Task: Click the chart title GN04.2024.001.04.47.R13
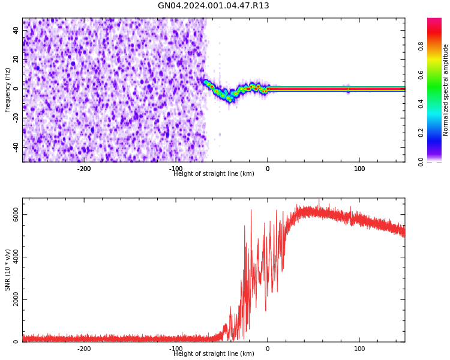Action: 213,6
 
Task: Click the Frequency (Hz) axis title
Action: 8,90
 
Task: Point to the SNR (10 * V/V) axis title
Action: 8,270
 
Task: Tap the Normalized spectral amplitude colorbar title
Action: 446,90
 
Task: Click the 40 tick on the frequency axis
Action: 16,31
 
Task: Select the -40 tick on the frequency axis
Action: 15,147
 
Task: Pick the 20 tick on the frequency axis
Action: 16,59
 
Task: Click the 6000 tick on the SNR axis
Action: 12,215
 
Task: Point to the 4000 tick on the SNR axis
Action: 12,257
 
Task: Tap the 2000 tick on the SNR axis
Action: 12,300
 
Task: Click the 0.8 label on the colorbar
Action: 421,46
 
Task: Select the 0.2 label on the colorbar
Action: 421,133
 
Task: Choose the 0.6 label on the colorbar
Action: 421,74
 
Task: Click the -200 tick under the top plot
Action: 84,169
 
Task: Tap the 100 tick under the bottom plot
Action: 359,349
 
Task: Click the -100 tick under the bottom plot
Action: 176,349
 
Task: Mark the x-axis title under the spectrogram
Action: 214,174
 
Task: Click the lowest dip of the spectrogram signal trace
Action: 229,99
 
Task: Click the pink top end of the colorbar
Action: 434,20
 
